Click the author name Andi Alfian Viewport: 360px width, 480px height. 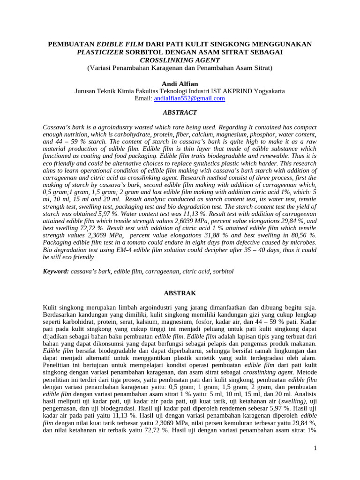point(180,84)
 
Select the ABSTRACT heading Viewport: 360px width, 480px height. point(180,113)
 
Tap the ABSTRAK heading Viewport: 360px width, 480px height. point(180,293)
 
